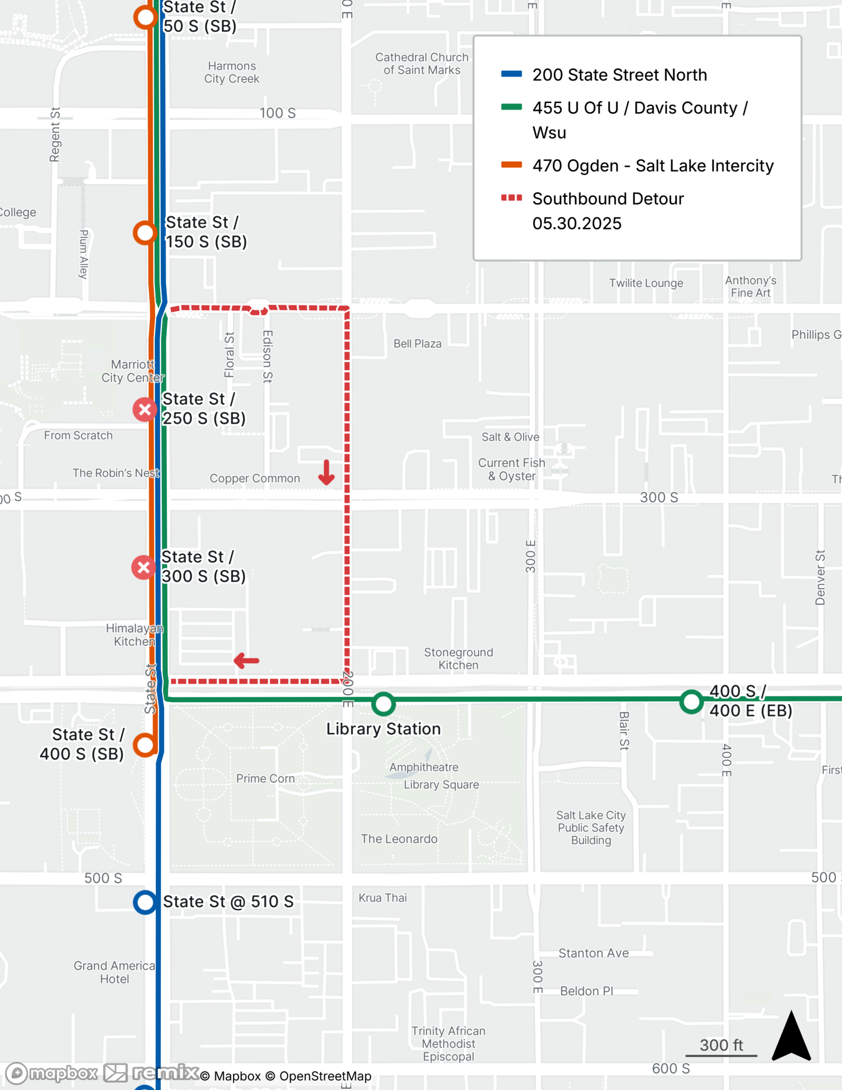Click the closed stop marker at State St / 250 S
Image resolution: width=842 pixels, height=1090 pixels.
[145, 409]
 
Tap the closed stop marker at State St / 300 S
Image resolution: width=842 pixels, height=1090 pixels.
[144, 567]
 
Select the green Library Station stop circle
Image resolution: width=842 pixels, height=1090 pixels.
[384, 704]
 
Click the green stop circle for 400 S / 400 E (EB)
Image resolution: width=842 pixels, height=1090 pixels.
[691, 701]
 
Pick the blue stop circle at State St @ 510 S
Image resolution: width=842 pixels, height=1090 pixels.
[145, 902]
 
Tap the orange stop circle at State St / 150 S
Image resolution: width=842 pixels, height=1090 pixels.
[145, 233]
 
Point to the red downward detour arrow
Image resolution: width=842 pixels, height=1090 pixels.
[326, 473]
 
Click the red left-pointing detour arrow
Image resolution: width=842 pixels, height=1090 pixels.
[246, 661]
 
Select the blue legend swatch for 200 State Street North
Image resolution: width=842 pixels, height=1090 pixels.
[511, 74]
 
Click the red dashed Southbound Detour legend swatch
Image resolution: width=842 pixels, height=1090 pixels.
[511, 198]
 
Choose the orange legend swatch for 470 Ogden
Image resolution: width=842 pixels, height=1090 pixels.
[511, 165]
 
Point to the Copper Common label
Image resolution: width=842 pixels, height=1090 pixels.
[255, 479]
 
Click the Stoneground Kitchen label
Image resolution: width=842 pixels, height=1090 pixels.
[458, 658]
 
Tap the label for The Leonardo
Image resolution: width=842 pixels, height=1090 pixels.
[399, 839]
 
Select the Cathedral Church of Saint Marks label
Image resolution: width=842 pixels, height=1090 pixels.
[422, 64]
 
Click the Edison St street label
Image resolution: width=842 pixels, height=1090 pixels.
[267, 356]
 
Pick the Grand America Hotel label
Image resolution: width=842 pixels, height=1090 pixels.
[114, 972]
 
